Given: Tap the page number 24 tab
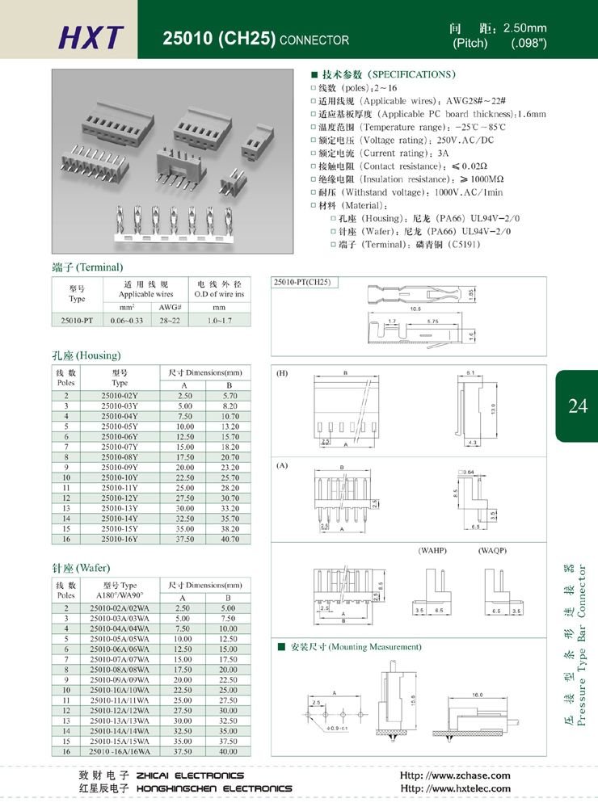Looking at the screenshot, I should (577, 406).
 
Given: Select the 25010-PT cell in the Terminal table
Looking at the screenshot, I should (77, 321).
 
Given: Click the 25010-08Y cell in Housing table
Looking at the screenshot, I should (120, 457).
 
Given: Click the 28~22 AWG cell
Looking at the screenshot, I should (170, 321).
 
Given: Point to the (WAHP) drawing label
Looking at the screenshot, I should (432, 550).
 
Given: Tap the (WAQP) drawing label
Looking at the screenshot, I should (492, 550).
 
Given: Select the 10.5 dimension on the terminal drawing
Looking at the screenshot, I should (394, 309).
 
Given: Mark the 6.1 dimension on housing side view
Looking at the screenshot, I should (470, 372).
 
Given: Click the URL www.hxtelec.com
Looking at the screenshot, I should (456, 788).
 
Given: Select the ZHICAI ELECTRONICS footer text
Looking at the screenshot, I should (191, 775).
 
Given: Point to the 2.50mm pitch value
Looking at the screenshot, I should (525, 28).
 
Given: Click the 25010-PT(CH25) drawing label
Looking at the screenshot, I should (303, 283).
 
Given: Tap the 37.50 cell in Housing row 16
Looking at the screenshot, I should (184, 538).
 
